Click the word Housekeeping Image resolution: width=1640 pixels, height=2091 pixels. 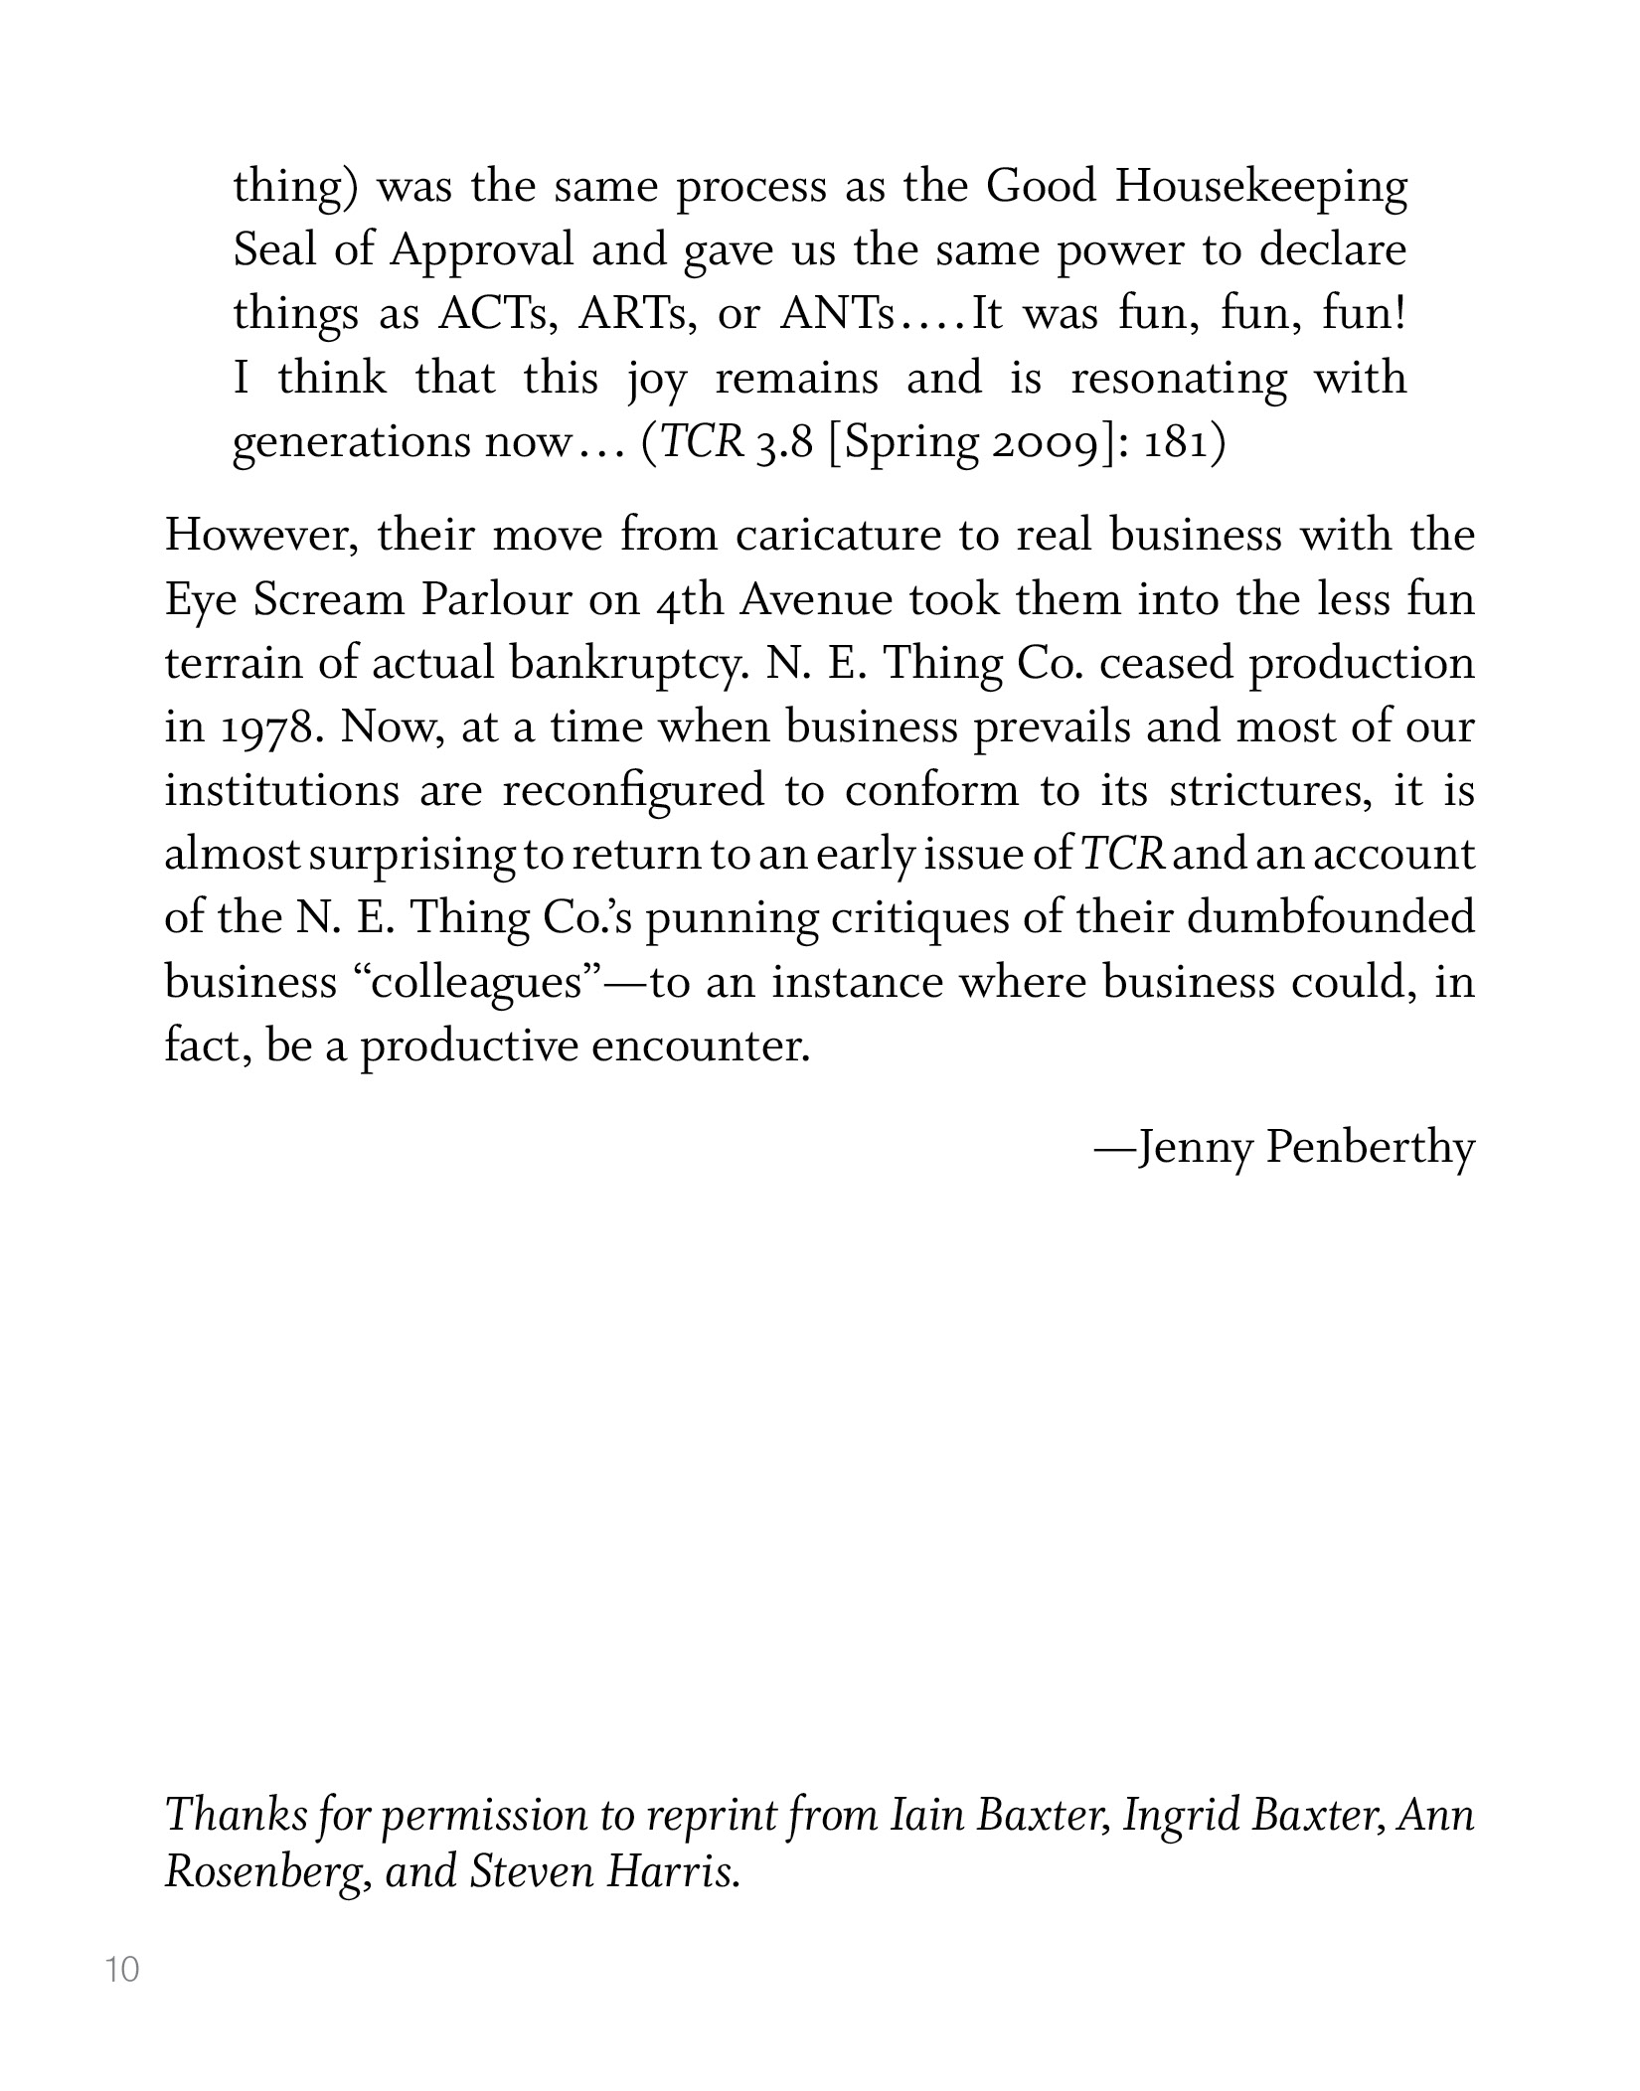pyautogui.click(x=1260, y=189)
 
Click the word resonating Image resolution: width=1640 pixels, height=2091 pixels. pyautogui.click(x=1178, y=380)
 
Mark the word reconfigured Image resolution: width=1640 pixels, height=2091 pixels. pyautogui.click(x=633, y=792)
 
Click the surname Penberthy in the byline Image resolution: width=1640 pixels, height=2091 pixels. pyautogui.click(x=1372, y=1149)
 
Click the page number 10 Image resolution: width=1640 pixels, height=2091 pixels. pyautogui.click(x=123, y=1969)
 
